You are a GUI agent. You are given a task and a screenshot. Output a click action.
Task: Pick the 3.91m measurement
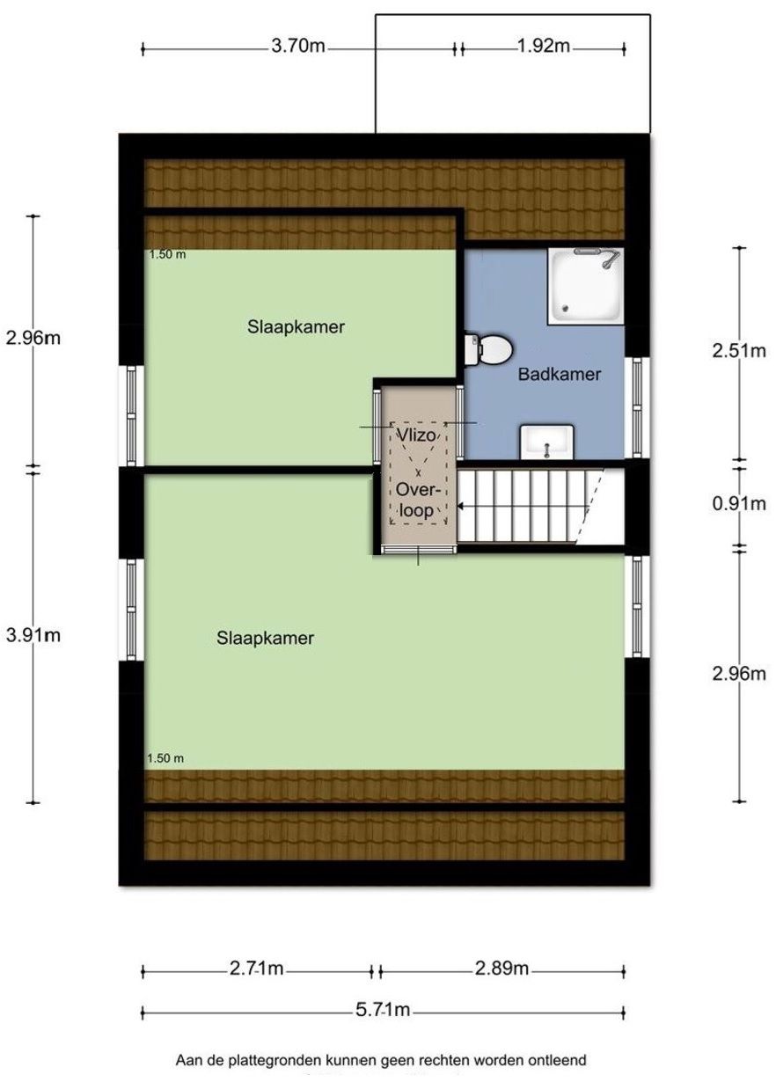33,635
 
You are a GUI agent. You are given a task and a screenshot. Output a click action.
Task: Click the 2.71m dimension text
256,969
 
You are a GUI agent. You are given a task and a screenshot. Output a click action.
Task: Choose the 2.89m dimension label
501,969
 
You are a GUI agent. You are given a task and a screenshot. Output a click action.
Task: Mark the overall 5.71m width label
384,1011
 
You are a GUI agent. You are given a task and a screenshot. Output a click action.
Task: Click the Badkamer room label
559,374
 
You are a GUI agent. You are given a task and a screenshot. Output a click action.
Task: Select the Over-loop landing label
414,500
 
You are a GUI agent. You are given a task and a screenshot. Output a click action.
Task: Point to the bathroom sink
546,441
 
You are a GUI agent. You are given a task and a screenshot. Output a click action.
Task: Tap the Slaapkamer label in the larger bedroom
265,639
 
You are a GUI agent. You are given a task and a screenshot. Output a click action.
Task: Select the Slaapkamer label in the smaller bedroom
295,327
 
